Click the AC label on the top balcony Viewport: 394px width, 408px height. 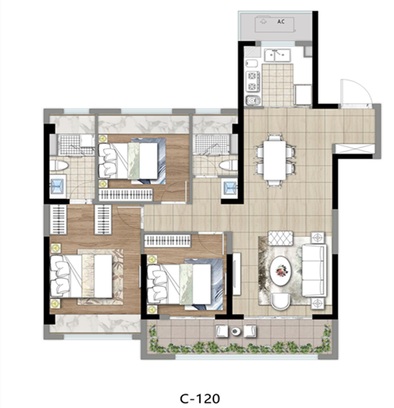pos(281,22)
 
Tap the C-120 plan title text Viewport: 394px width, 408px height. pos(200,398)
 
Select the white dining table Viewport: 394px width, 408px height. pos(274,160)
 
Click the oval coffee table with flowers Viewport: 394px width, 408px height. pos(281,271)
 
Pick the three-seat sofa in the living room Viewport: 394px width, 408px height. pos(315,270)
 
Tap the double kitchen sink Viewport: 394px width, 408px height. pos(277,55)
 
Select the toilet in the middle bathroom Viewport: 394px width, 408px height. pos(228,165)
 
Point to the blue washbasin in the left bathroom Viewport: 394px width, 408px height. pos(58,186)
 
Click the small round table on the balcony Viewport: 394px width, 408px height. pos(236,331)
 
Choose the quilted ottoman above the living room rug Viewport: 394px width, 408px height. pos(281,238)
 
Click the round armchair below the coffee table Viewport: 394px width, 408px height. pos(281,301)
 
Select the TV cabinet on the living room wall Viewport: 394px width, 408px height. pos(237,273)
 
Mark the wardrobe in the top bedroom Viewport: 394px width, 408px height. pos(126,194)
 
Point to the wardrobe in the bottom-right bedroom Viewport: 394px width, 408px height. pos(168,241)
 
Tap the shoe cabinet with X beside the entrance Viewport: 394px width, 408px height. pos(354,148)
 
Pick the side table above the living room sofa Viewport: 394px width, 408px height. pos(318,237)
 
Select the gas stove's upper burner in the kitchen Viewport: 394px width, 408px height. pos(252,76)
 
